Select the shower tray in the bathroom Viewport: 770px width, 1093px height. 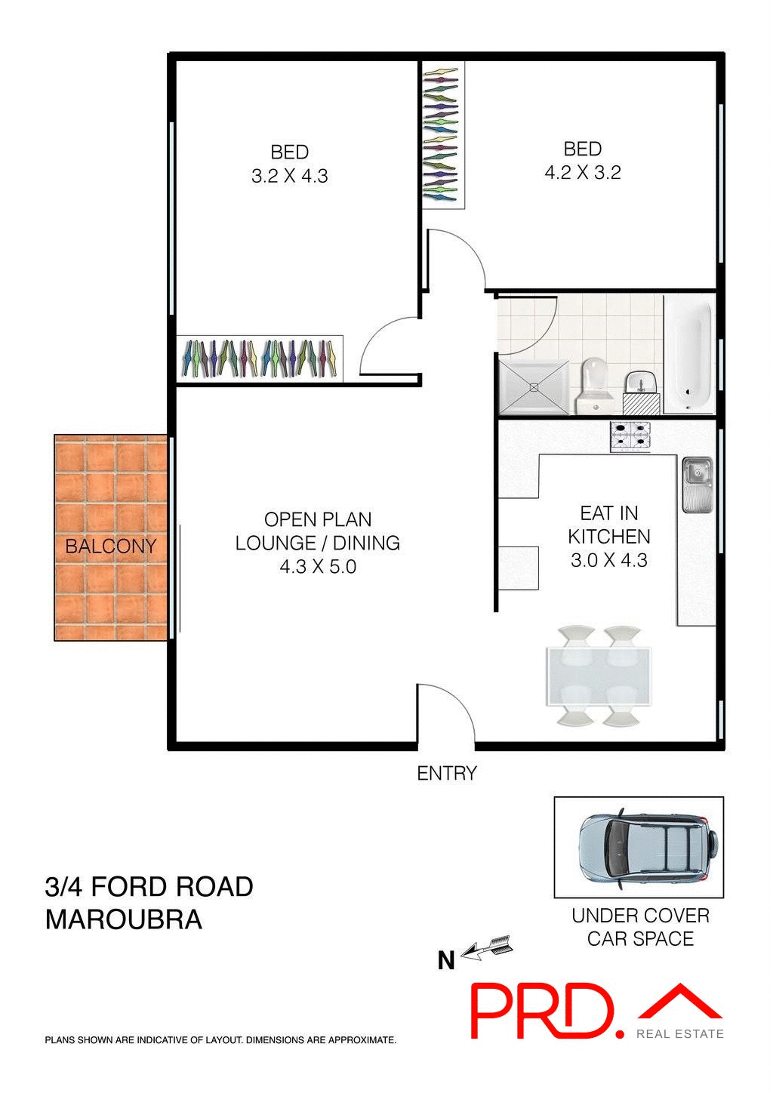coord(534,387)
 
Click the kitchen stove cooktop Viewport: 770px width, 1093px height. coord(630,437)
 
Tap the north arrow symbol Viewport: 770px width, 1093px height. coord(487,947)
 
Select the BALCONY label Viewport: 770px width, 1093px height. coord(110,546)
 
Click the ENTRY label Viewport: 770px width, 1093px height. coord(447,773)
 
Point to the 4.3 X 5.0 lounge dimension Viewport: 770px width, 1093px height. coord(318,567)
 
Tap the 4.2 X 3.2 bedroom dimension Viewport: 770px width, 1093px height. coord(582,173)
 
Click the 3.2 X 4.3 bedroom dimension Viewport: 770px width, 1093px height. coord(289,176)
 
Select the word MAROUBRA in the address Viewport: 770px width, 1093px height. coord(124,919)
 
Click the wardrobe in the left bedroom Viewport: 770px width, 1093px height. coord(259,359)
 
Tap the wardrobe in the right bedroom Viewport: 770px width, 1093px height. coord(442,135)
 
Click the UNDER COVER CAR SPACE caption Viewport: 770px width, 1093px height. coord(640,927)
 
